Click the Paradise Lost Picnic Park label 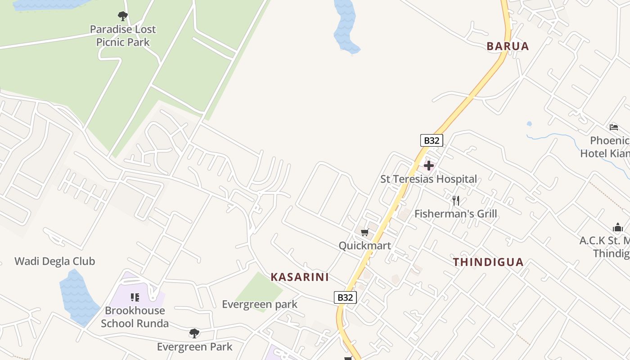point(122,36)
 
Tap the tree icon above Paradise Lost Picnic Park point(122,17)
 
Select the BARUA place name point(508,46)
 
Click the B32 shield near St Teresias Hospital point(431,140)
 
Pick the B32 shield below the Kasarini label point(345,297)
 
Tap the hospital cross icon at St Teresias point(428,166)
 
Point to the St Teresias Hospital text point(428,179)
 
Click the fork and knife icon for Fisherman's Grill point(456,200)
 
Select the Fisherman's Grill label point(455,214)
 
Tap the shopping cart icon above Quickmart point(364,233)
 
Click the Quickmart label point(364,246)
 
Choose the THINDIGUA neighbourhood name point(488,262)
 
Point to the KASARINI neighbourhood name point(300,277)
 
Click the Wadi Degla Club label point(55,261)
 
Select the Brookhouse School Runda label point(135,317)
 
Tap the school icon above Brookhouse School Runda point(135,297)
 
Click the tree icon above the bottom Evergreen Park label point(194,333)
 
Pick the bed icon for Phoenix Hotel point(614,127)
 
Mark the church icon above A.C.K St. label point(617,228)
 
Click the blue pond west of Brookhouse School point(77,297)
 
